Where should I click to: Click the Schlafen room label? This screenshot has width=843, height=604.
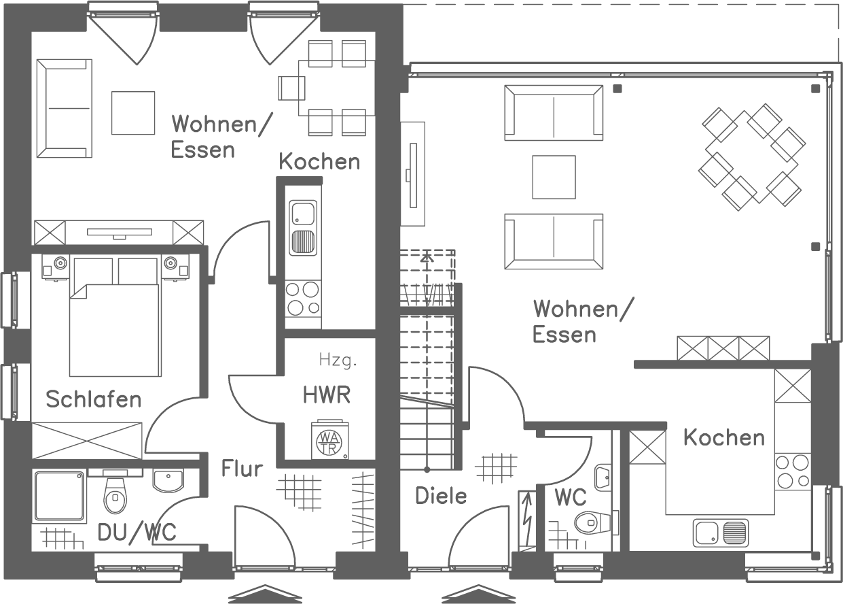93,399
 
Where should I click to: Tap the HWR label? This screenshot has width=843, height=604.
327,395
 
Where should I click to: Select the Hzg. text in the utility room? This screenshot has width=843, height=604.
337,360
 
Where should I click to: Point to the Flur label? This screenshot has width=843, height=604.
242,469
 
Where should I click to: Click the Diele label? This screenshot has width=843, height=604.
441,496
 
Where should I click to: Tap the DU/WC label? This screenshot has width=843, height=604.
137,532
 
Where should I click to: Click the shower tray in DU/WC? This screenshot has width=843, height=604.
60,496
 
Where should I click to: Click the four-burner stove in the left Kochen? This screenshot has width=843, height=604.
303,299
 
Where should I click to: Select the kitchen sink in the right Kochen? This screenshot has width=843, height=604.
721,533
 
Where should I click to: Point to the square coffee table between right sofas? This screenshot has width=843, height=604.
554,177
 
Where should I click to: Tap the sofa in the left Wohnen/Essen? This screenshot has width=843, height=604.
64,108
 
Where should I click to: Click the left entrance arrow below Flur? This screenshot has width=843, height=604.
264,594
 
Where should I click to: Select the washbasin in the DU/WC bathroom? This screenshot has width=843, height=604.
167,482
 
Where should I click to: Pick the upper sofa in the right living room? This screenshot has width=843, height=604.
554,112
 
